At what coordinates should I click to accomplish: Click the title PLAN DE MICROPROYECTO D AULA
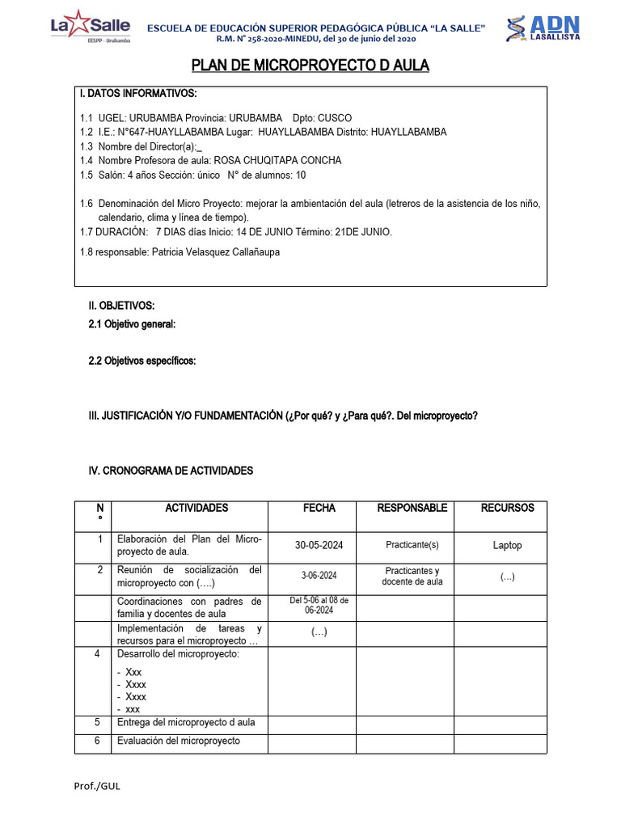(310, 65)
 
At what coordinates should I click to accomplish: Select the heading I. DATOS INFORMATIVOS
(138, 95)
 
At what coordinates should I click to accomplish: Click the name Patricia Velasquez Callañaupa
(213, 252)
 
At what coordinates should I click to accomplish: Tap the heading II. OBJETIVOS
(121, 306)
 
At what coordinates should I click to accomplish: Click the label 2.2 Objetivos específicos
(142, 361)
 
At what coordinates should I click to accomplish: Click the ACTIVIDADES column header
(196, 508)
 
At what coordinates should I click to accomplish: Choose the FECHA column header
(319, 508)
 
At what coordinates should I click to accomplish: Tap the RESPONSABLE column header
(412, 508)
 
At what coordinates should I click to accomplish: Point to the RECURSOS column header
(507, 508)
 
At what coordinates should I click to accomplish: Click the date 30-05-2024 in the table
(319, 545)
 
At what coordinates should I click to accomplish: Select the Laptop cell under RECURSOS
(507, 545)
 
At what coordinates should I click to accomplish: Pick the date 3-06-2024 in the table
(319, 575)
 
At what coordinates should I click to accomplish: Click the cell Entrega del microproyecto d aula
(192, 723)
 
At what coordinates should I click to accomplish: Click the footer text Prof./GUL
(99, 785)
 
